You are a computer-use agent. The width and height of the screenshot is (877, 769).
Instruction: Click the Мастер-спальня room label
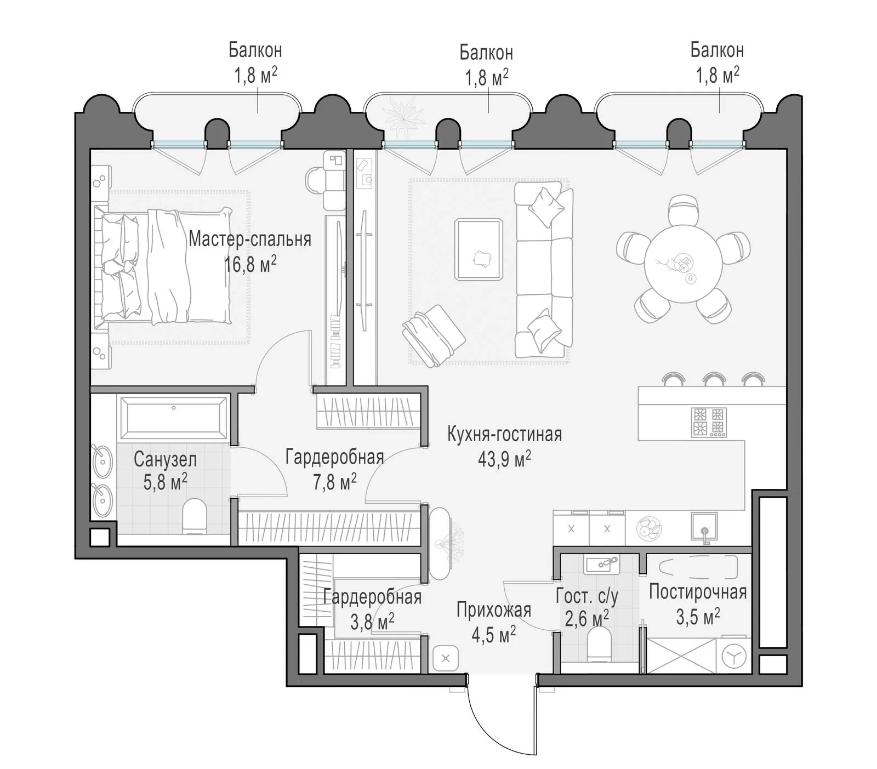click(250, 240)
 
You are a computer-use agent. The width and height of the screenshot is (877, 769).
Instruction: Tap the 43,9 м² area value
click(504, 459)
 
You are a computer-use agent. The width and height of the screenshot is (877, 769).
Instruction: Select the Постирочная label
click(698, 592)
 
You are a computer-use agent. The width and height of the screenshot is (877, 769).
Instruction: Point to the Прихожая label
click(494, 609)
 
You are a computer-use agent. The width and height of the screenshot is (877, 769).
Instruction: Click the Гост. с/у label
click(587, 596)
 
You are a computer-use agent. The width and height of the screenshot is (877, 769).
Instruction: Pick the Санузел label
click(165, 459)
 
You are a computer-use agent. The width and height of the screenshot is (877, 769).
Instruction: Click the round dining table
click(682, 264)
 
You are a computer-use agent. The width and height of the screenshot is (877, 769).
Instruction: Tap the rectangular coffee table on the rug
click(479, 249)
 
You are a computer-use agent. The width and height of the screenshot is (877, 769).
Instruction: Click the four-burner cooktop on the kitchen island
click(709, 422)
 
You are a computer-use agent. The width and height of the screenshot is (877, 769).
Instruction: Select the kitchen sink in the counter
click(704, 527)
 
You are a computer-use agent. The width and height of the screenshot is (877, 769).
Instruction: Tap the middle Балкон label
click(486, 53)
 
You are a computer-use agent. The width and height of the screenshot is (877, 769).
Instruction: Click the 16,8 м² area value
click(250, 265)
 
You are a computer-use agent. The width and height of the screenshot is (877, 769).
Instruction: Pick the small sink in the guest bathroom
click(601, 564)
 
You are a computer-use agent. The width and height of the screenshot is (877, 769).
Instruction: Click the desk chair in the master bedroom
click(316, 180)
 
